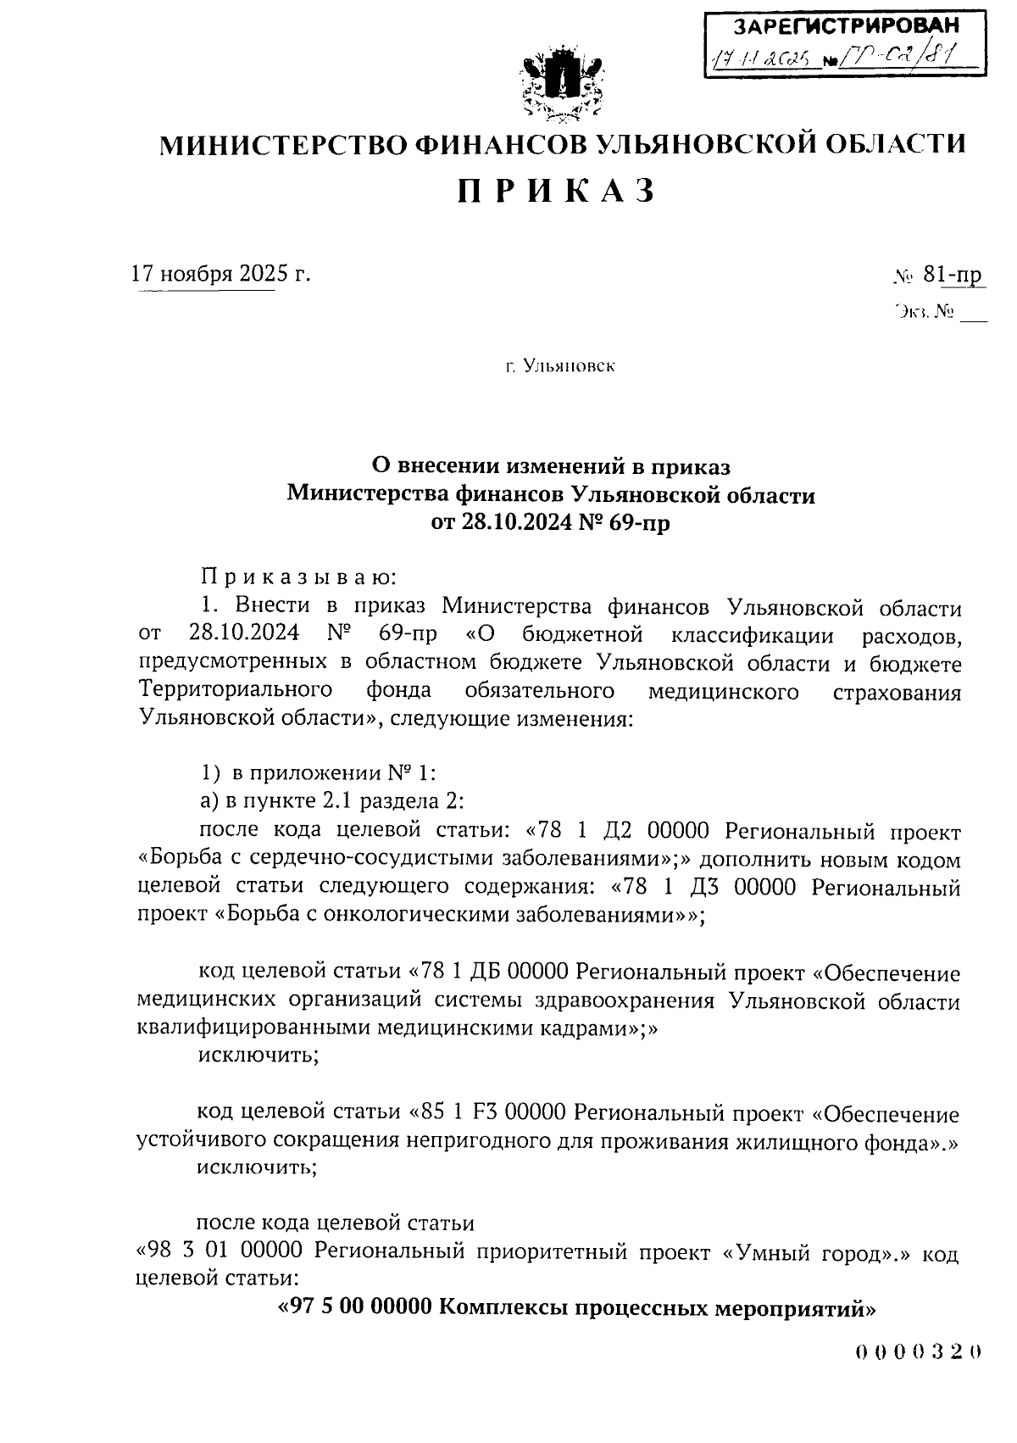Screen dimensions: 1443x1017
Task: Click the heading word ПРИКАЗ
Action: pos(558,192)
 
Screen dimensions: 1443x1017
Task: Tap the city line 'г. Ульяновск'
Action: pos(559,367)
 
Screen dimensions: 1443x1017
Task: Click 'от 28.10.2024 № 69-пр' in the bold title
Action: pos(551,522)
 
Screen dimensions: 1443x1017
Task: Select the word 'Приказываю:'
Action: pos(298,579)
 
